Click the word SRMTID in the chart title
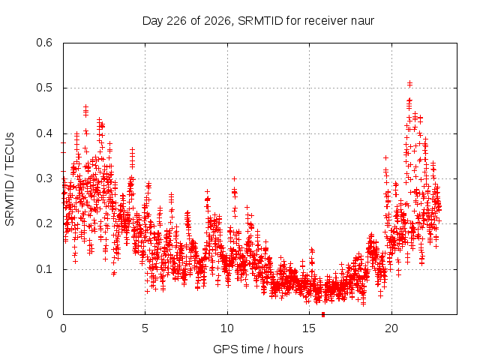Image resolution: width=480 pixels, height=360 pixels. [260, 21]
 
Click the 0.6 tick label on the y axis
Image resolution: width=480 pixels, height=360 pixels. [44, 43]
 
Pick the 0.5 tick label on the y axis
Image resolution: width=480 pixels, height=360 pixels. [44, 88]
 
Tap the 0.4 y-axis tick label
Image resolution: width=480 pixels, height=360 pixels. [44, 133]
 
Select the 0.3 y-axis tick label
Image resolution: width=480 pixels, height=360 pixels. [44, 178]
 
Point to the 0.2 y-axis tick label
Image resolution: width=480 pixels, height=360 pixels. [44, 223]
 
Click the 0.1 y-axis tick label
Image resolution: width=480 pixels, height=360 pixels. [44, 269]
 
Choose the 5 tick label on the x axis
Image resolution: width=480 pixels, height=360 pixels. [145, 328]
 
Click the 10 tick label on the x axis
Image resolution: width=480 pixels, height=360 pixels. [227, 328]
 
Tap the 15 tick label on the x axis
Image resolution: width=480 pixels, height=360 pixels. [309, 328]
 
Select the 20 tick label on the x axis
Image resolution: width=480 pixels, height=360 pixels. [391, 328]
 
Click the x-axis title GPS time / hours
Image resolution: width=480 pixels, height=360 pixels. [258, 349]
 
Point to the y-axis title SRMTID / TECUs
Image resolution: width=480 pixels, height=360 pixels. [10, 179]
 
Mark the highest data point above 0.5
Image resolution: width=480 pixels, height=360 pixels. [409, 82]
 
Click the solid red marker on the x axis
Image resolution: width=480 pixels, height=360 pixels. [323, 314]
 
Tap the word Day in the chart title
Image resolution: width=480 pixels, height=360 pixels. [153, 22]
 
